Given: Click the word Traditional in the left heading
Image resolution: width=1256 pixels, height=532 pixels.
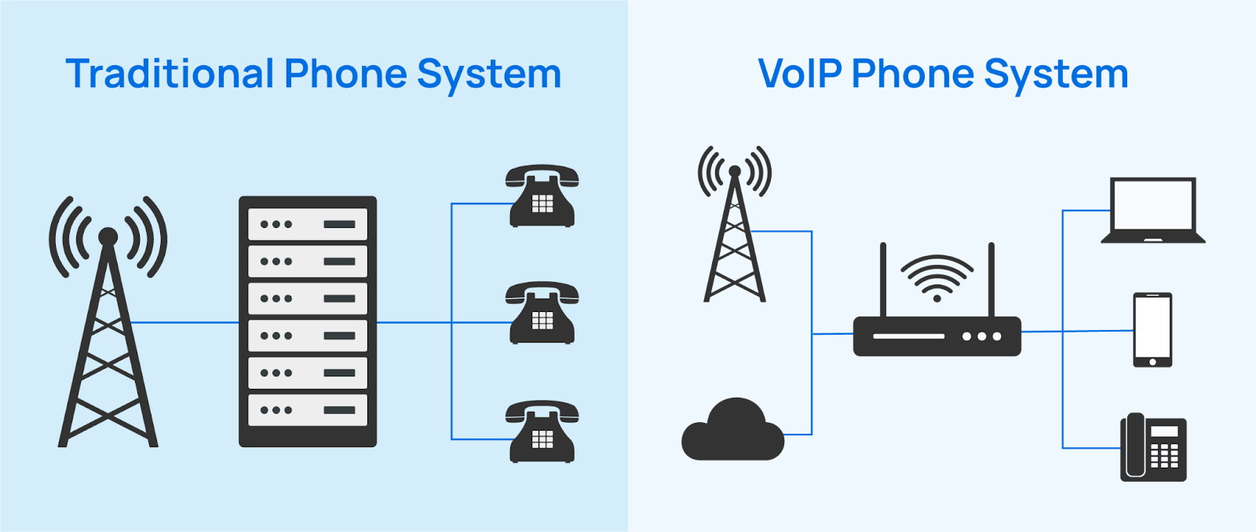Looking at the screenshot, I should [170, 75].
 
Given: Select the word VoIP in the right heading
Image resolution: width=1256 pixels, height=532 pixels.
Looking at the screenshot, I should [800, 75].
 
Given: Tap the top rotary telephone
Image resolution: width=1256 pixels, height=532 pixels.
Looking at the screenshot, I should [542, 196].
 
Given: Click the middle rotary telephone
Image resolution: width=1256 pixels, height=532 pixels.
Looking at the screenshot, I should [542, 314].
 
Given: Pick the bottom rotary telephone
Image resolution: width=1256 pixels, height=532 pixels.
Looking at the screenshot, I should [542, 431].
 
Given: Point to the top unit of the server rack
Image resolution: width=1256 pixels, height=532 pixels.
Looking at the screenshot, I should [308, 224].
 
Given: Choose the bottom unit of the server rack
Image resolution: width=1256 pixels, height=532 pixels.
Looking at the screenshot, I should [308, 410].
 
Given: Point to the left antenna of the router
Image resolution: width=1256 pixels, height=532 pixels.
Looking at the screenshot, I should [883, 279].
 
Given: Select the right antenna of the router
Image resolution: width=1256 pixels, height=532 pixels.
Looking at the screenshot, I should [991, 279].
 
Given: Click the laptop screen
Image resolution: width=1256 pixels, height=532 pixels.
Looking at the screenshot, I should [1152, 205].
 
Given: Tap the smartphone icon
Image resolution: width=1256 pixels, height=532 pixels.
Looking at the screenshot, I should [1152, 329].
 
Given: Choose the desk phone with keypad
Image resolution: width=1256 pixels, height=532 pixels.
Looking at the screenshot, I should [1153, 447].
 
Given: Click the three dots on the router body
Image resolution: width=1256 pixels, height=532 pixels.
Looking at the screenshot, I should [982, 336].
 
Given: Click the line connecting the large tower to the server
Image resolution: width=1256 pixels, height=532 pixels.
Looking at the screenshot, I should [184, 322].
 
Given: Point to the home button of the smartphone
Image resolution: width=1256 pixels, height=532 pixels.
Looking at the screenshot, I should [1152, 362].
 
